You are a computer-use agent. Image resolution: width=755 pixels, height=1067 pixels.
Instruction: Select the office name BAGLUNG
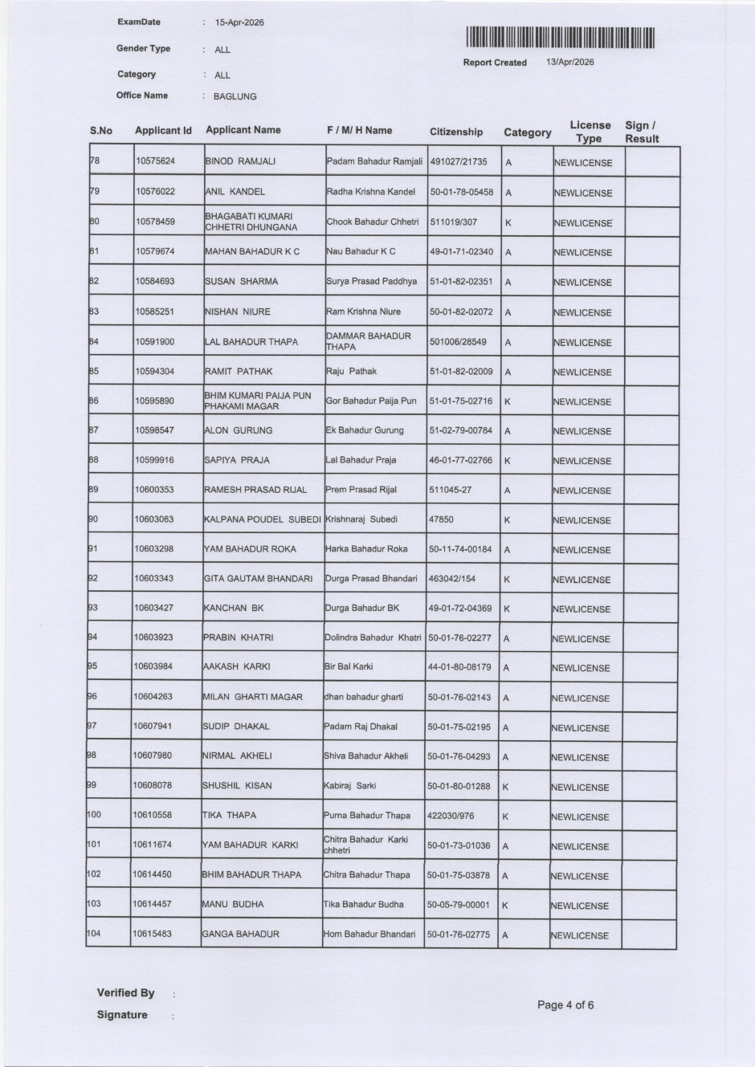pos(235,96)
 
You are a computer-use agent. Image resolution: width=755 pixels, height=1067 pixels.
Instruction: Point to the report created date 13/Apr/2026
pos(570,62)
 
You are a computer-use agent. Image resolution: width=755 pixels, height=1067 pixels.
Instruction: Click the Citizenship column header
pos(456,132)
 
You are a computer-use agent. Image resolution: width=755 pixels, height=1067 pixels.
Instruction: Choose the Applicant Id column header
pos(163,130)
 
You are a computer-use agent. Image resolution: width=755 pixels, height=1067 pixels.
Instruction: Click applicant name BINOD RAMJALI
pos(240,161)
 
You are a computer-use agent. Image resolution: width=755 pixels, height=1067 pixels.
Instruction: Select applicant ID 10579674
pos(155,251)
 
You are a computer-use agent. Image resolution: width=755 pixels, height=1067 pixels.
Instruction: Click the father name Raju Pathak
pos(351,371)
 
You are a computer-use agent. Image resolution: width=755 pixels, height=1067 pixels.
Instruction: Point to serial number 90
pos(93,519)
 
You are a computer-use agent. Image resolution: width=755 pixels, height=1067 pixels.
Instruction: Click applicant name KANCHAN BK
pos(234,608)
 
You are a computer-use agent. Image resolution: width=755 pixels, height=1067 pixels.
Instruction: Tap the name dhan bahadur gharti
pos(364,697)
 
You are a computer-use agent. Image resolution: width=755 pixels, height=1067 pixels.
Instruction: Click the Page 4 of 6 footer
pos(565,1004)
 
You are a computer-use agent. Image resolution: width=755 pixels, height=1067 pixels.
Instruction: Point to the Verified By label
pos(126,993)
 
